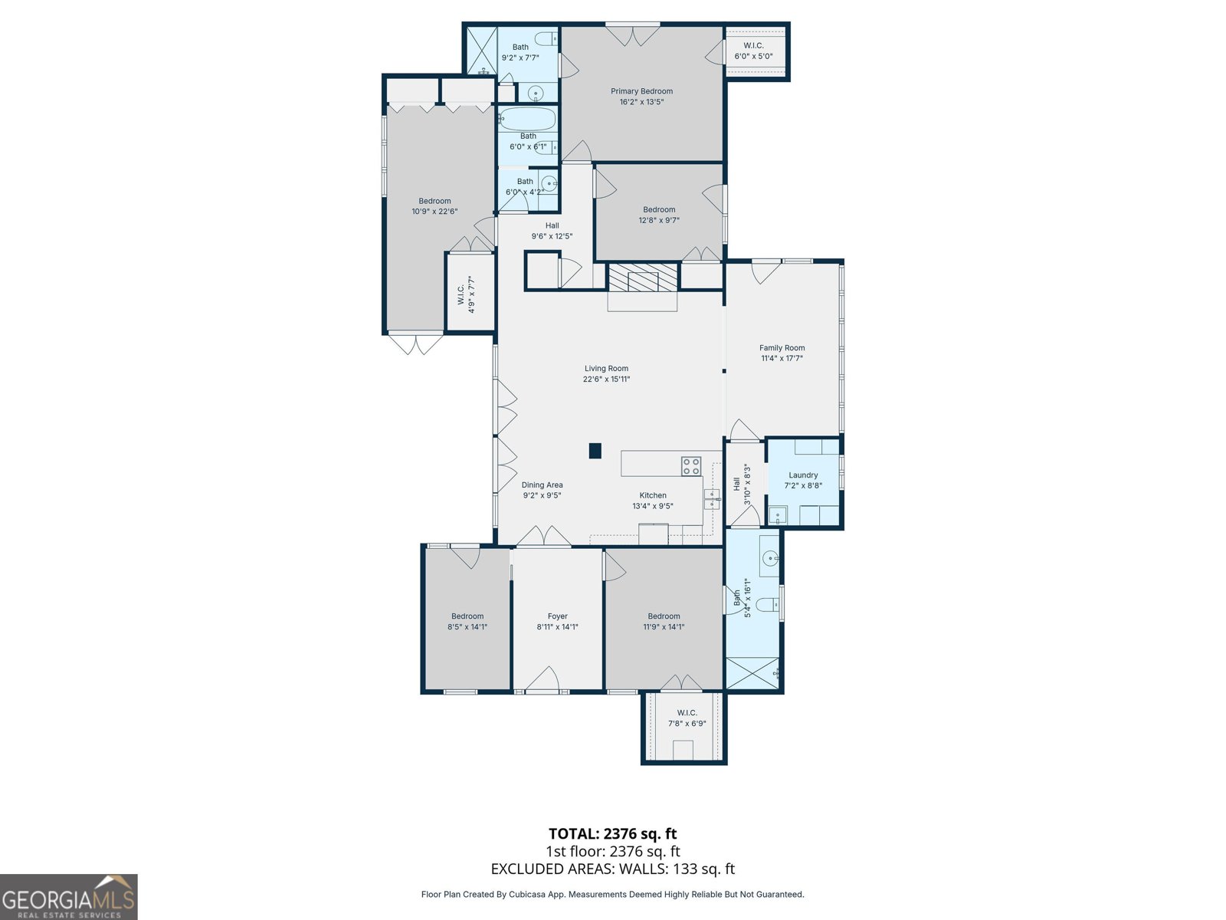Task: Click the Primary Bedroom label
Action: (x=641, y=91)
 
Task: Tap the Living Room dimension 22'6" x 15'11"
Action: (x=606, y=379)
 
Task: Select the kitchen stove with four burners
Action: (x=691, y=466)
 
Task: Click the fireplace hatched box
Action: (x=642, y=278)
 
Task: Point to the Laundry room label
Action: (x=803, y=475)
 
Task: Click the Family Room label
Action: (x=782, y=347)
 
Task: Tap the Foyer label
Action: (x=557, y=616)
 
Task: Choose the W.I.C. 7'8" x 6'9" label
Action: (x=687, y=718)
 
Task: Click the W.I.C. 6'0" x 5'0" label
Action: (x=753, y=51)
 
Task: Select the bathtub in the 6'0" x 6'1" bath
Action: (x=527, y=119)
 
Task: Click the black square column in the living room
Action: (x=595, y=451)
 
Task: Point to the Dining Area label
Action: (x=542, y=485)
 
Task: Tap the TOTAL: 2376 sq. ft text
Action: (x=613, y=833)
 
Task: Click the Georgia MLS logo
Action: (x=69, y=896)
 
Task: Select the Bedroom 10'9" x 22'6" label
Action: (x=434, y=206)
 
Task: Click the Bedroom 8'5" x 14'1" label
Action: (x=467, y=621)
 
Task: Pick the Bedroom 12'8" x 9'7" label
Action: (x=659, y=215)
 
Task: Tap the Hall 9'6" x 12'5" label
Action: (x=552, y=231)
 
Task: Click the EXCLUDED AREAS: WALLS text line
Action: (x=613, y=869)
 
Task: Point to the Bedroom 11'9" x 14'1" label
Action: (x=664, y=621)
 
